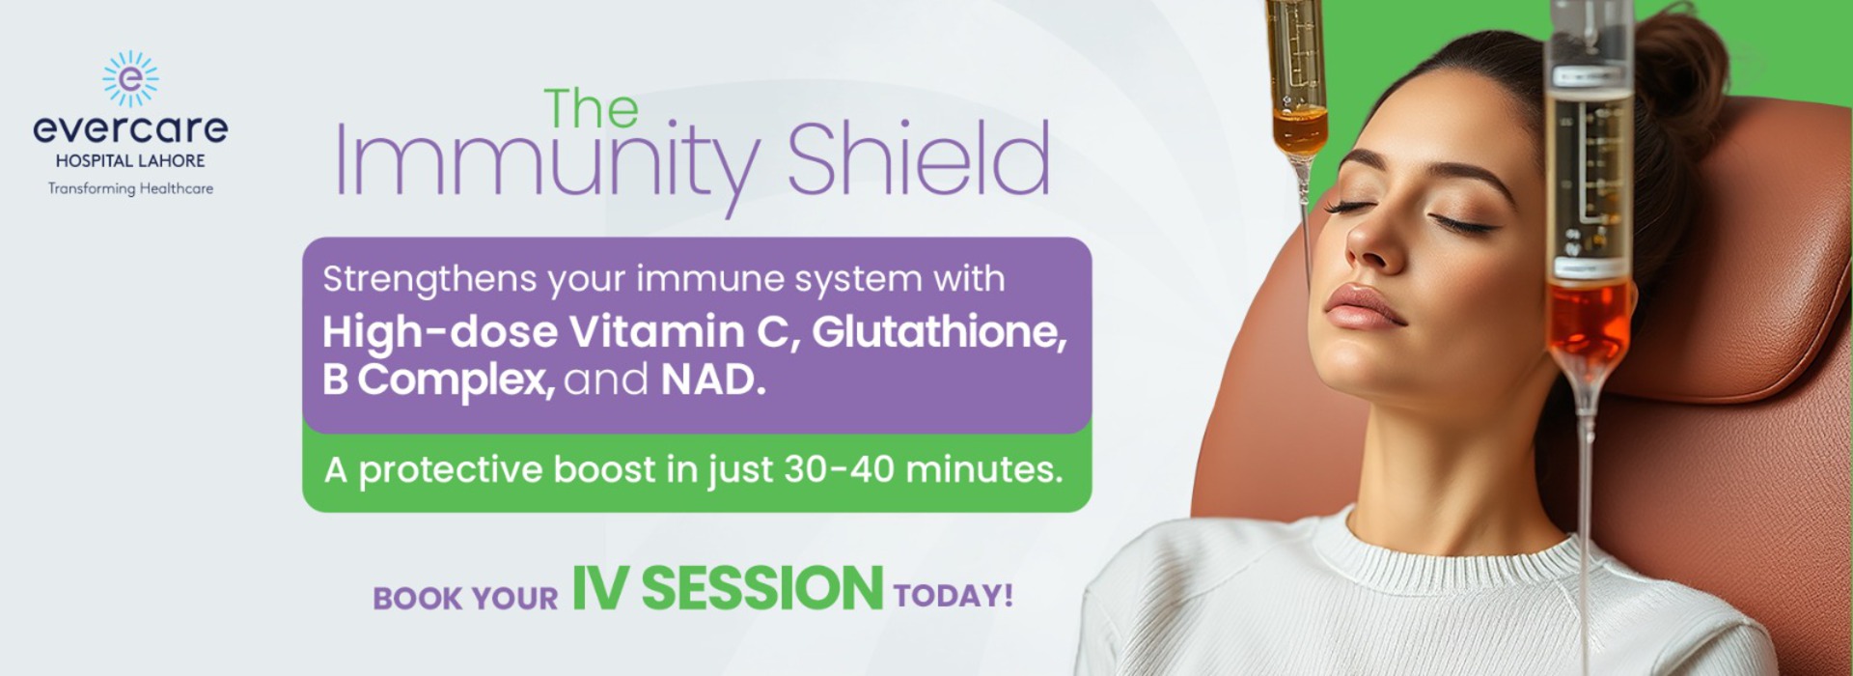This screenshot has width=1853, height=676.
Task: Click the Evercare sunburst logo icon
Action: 130,78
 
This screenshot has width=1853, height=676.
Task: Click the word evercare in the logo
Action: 130,128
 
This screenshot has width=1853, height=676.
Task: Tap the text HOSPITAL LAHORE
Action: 130,161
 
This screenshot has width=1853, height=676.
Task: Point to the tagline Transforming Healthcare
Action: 130,188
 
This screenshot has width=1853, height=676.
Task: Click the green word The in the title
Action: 591,108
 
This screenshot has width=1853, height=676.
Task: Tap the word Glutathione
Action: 939,332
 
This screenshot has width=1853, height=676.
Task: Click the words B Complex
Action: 438,380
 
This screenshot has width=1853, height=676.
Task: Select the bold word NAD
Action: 713,380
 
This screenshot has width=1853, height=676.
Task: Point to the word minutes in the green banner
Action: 984,469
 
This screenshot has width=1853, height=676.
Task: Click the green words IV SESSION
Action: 727,588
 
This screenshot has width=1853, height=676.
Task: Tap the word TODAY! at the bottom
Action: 953,595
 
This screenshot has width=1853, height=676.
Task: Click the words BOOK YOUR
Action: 465,598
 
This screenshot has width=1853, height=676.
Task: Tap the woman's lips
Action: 1361,307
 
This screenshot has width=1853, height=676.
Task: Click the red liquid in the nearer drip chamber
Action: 1589,319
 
